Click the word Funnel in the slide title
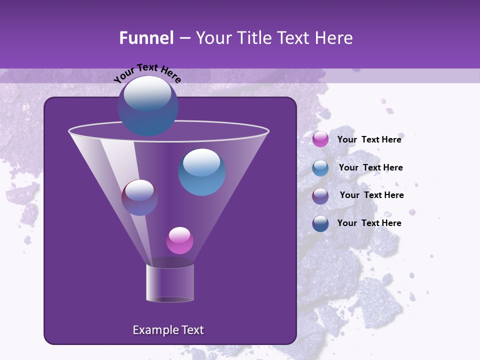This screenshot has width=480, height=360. coord(146,38)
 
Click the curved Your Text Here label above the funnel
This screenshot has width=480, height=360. coord(147,72)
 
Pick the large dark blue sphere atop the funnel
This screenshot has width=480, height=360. coord(147,106)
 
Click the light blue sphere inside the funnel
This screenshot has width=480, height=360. coord(202,172)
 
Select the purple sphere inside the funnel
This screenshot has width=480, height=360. coord(139,197)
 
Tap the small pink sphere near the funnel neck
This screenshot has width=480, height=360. coord(179,240)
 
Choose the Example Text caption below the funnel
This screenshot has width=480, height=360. coord(168,330)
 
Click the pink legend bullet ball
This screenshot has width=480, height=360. coord(320,139)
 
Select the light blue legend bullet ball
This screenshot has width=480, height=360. coord(320,168)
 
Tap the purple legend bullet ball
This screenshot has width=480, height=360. coord(320,196)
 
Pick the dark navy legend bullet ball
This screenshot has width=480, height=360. coord(320,223)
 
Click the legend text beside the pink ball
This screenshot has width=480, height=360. coord(369,139)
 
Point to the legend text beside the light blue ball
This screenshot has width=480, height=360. coord(370,167)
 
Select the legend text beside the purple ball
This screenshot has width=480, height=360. coord(371,195)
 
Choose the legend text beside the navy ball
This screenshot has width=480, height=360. coord(369,223)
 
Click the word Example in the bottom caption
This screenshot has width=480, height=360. coord(154,330)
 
